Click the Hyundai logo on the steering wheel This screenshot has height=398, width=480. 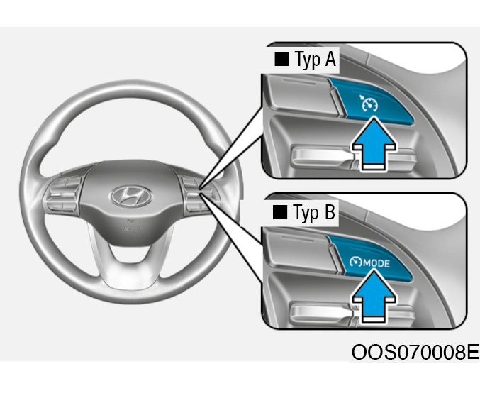click(x=131, y=196)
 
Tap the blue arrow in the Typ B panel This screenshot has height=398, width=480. click(x=374, y=296)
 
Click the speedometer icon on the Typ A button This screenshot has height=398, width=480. click(x=369, y=104)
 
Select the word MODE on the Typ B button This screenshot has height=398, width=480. click(x=376, y=263)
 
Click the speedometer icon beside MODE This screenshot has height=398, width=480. click(x=356, y=262)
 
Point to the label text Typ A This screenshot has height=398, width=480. click(x=316, y=60)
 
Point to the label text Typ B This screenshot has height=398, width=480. click(x=314, y=212)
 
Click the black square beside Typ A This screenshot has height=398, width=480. click(x=281, y=59)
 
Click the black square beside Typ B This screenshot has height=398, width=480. click(x=280, y=212)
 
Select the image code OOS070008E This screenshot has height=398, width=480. click(x=415, y=352)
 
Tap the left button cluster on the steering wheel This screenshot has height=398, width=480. click(x=63, y=194)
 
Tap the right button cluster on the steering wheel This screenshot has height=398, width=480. click(x=200, y=194)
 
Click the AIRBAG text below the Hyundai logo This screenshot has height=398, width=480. click(x=131, y=228)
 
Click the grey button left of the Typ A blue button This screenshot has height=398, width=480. click(x=301, y=95)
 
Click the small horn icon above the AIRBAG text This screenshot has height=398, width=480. click(x=130, y=220)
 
